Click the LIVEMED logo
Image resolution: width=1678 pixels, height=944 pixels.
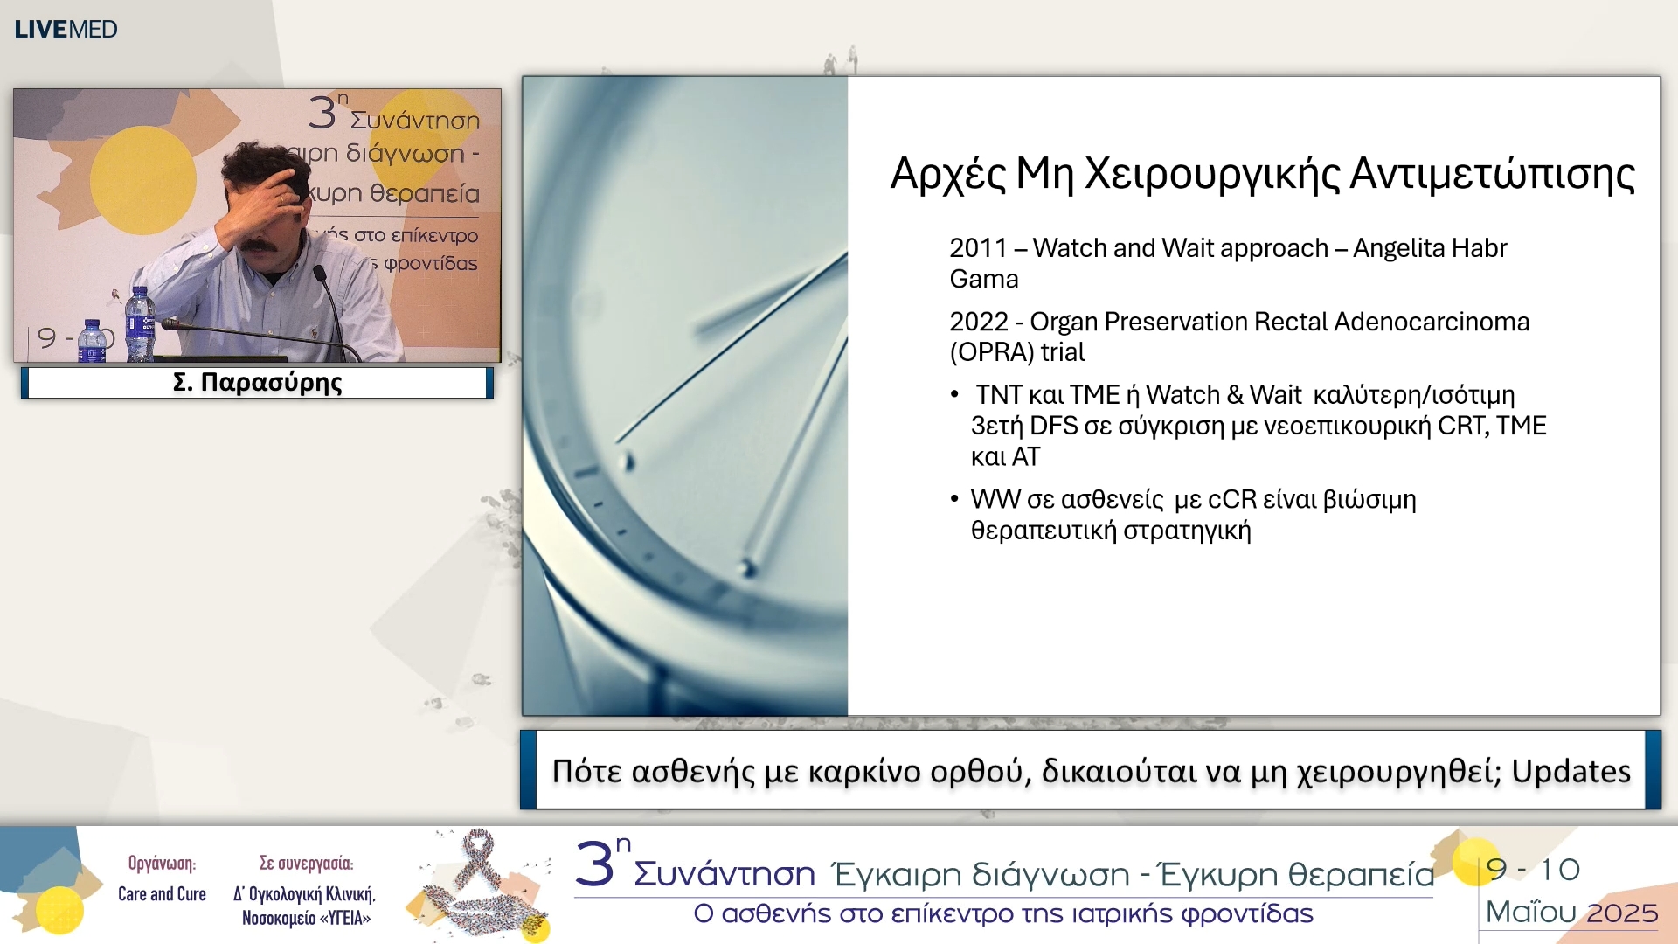coord(66,29)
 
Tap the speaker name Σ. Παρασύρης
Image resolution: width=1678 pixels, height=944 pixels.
coord(257,383)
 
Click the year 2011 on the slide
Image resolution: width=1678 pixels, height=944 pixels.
coord(978,248)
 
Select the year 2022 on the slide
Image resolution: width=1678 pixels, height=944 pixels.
coord(978,322)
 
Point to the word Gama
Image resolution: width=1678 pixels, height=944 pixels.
coord(984,280)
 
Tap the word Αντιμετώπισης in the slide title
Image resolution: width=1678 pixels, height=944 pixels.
coord(1492,174)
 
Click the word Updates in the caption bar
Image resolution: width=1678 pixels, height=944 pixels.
coord(1571,772)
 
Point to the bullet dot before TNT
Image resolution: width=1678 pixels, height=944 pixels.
coord(954,395)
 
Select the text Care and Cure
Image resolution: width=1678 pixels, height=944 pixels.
coord(162,894)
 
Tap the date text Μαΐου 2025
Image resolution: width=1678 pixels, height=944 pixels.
coord(1571,913)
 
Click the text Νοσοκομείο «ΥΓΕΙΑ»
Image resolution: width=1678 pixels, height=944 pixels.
coord(306,919)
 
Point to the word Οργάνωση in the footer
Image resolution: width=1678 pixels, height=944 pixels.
coord(162,864)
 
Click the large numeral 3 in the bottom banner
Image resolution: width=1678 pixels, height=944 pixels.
coord(595,865)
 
